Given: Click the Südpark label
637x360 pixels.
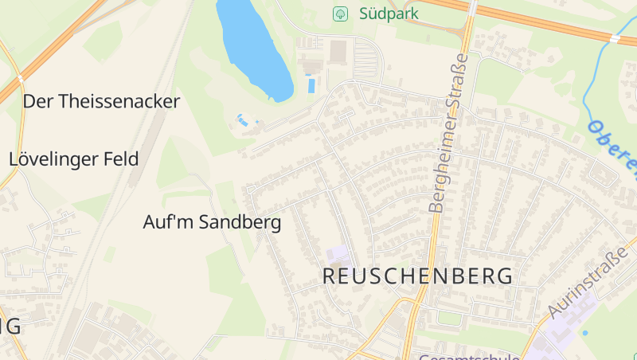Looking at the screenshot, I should click(x=389, y=14).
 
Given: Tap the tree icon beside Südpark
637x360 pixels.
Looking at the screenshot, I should click(x=341, y=14).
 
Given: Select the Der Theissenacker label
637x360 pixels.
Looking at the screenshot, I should click(x=102, y=101).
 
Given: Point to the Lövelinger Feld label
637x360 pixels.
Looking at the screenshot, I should click(x=74, y=158).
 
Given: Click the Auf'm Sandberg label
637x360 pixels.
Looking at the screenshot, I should click(x=212, y=222).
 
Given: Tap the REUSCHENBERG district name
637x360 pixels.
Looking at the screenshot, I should click(x=417, y=276).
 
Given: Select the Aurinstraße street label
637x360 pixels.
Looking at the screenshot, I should click(x=588, y=281).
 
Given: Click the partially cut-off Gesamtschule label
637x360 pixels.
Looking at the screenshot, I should click(x=469, y=356).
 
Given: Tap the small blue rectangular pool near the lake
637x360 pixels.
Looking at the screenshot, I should click(x=311, y=84).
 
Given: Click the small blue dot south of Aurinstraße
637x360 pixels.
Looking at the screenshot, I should click(x=585, y=332).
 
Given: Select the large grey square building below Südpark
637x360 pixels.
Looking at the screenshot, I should click(x=339, y=51).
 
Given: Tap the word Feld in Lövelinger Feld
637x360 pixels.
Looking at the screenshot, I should click(x=121, y=158).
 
